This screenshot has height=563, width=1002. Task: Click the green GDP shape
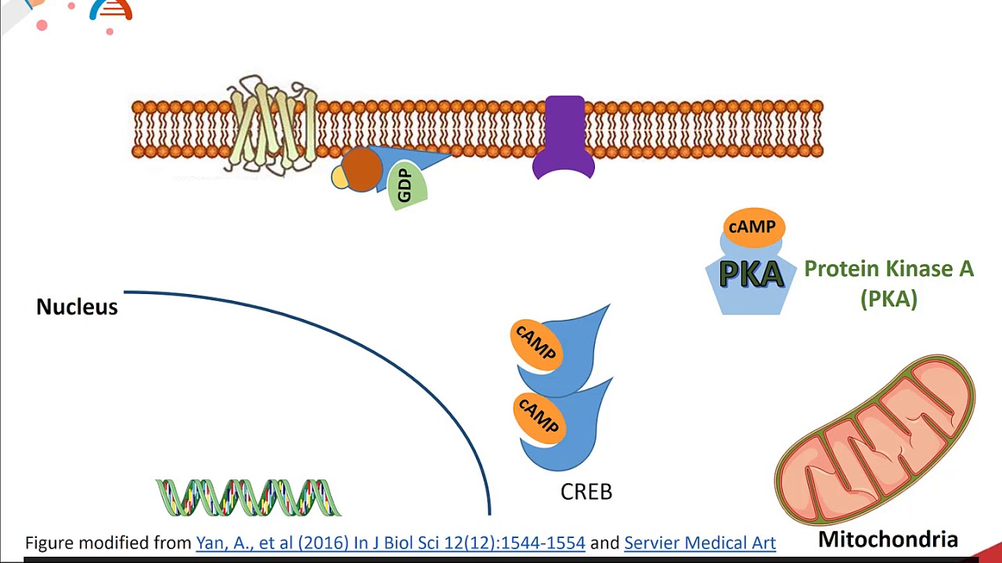coord(407,188)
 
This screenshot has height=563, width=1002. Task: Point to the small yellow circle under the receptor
coord(339,178)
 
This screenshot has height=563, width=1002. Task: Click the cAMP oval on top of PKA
coord(752,227)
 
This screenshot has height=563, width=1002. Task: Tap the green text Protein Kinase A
coord(888,269)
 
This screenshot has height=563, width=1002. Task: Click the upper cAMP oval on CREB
coord(535,343)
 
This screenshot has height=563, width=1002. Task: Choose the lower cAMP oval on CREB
coord(538,416)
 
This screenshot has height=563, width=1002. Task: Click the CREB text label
coord(586,492)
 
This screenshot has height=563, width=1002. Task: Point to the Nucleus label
coord(77,307)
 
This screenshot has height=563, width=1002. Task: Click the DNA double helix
coord(248,498)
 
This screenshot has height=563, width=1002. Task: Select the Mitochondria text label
coord(888,539)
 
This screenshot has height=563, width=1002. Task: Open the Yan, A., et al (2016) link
coord(390,543)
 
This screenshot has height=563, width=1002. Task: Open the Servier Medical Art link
coord(699,543)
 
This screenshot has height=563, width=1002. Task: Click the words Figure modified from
coord(108,543)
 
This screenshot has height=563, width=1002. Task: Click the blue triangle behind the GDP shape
coord(423,160)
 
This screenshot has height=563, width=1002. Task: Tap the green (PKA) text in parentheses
coord(888,299)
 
